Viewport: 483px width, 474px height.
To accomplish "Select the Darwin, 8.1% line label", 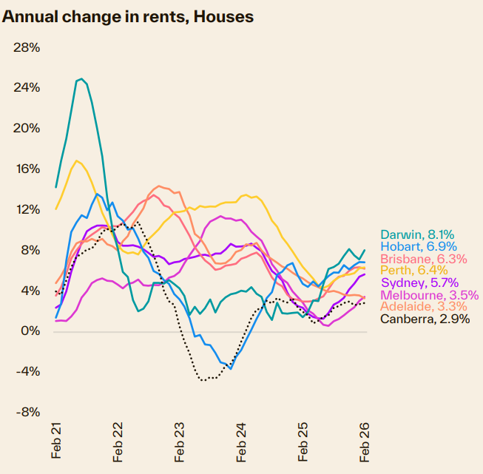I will (x=417, y=234).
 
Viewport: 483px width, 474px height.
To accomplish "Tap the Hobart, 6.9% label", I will (x=418, y=246).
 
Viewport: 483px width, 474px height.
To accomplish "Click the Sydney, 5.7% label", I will (x=419, y=282).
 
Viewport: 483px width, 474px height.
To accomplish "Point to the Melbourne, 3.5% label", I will (x=429, y=294).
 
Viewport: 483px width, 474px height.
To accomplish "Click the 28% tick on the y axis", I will (x=27, y=47).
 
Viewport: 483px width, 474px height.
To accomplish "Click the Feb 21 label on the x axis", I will (x=57, y=441).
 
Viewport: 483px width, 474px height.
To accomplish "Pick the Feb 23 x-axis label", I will (x=180, y=441).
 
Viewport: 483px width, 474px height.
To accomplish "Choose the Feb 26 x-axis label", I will (x=365, y=441).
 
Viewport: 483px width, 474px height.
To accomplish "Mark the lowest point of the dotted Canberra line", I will (x=204, y=379).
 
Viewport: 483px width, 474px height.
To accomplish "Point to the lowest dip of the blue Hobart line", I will (x=231, y=368).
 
